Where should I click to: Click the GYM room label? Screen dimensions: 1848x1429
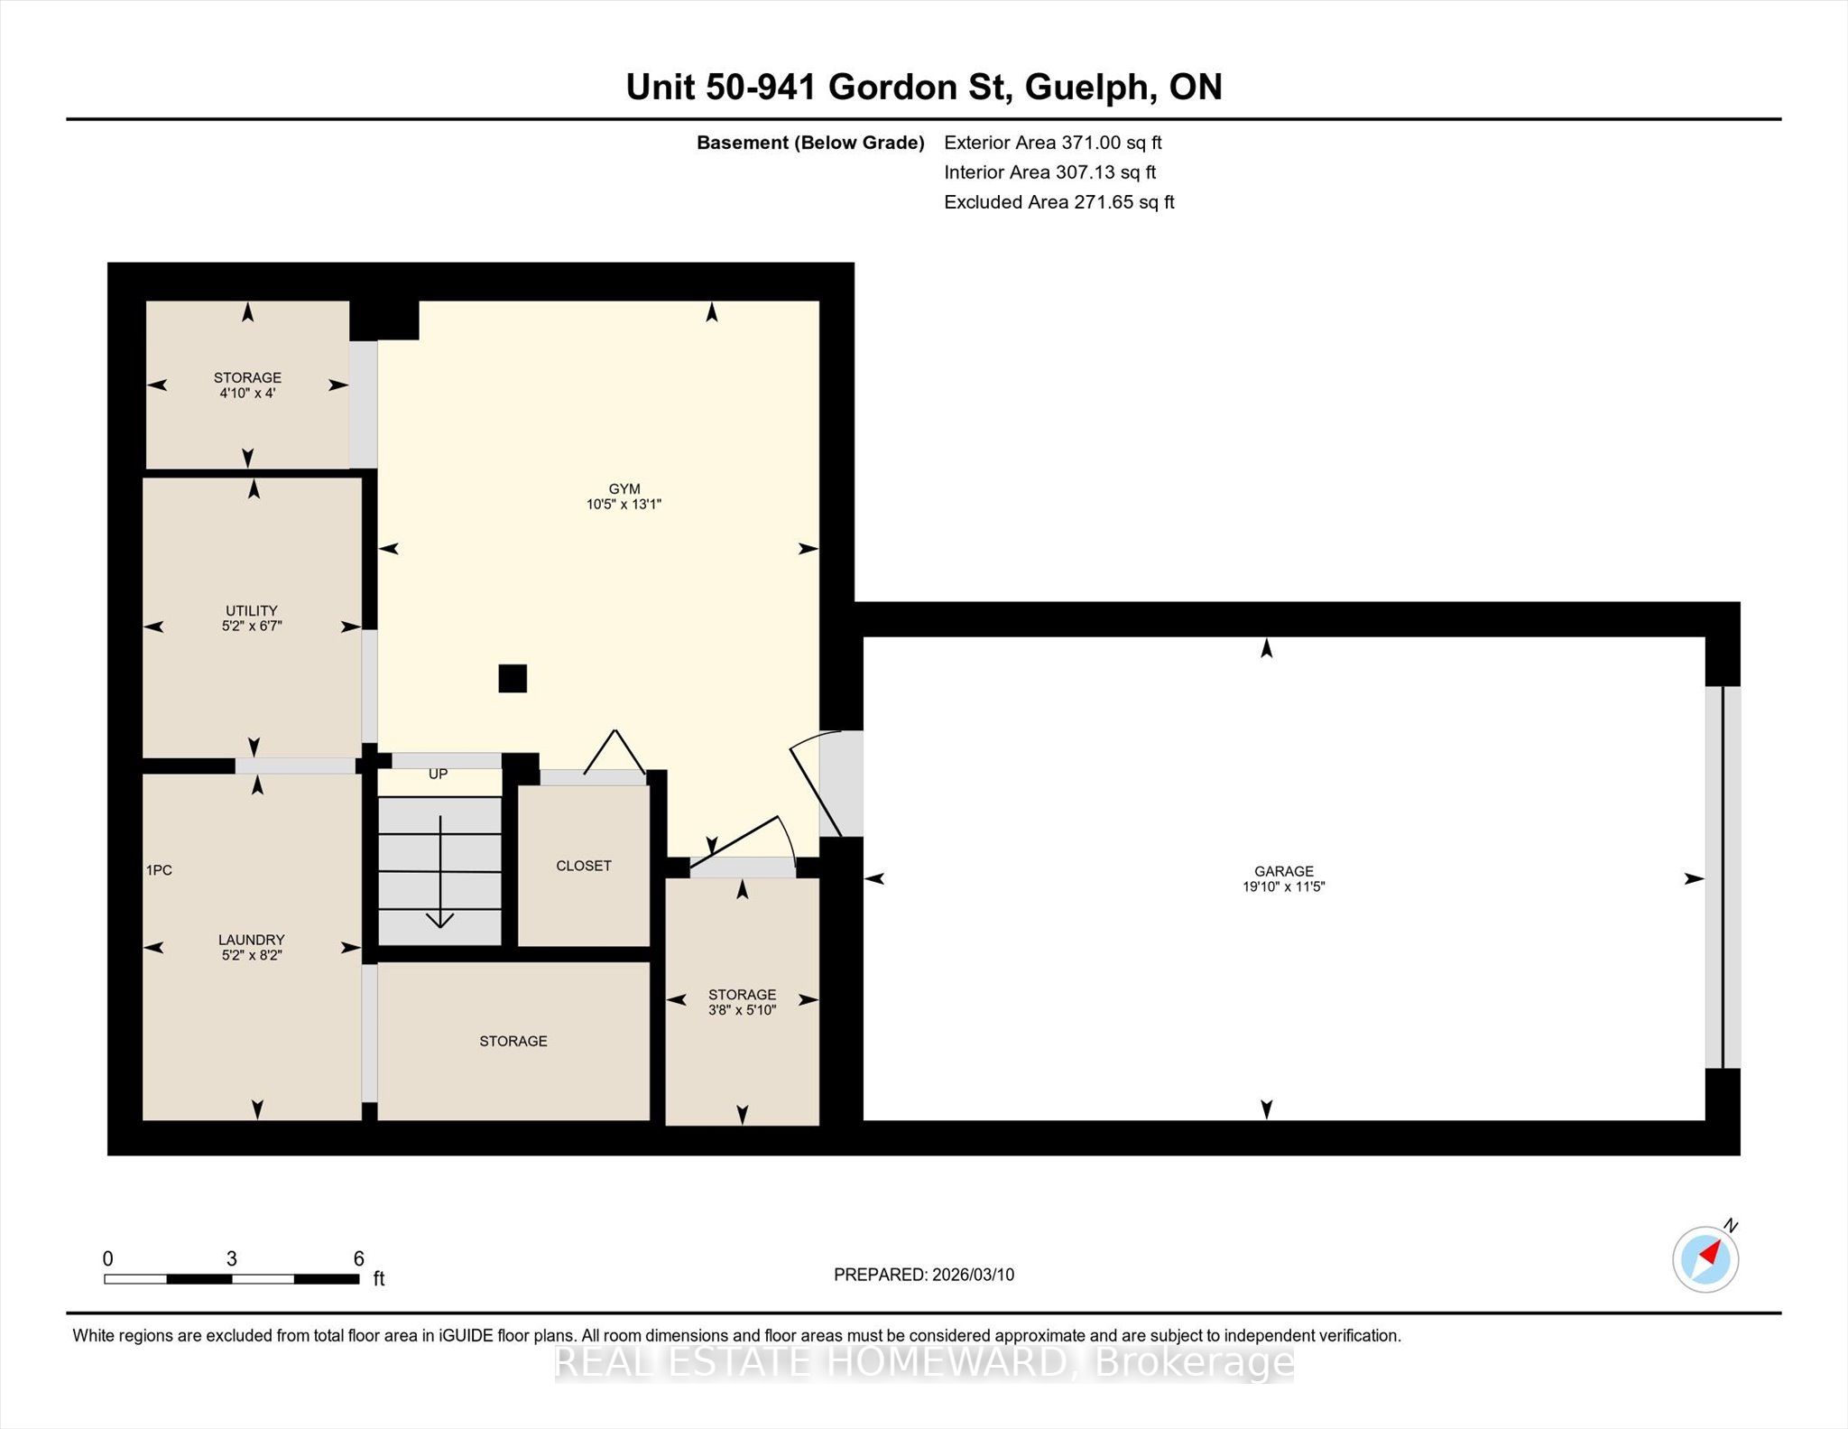pos(624,488)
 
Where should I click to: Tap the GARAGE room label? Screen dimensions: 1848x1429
pos(1283,871)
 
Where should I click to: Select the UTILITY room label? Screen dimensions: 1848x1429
pos(252,610)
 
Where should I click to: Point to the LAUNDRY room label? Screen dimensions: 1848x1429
pos(252,940)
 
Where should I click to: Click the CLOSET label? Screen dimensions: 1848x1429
pos(584,866)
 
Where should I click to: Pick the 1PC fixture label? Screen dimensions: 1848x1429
pos(159,870)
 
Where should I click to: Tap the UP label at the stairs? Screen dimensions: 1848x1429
pos(438,775)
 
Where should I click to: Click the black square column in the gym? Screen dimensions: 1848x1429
pos(513,678)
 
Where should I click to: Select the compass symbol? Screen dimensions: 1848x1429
pos(1705,1258)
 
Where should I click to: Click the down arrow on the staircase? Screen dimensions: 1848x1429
pos(440,872)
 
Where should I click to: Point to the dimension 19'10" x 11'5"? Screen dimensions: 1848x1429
pos(1283,887)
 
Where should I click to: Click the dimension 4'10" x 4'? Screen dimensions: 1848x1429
pos(247,394)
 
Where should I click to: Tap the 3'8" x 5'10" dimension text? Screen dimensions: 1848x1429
pos(742,1010)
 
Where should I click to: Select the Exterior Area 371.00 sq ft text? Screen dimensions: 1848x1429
pos(1053,143)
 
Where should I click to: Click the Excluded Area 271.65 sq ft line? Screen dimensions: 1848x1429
pos(1059,202)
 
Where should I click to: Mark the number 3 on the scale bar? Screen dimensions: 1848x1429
pos(232,1258)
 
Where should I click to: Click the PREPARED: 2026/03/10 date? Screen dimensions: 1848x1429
pos(924,1275)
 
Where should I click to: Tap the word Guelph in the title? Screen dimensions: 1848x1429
pos(1090,87)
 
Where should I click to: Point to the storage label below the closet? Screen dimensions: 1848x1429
pos(513,1041)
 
